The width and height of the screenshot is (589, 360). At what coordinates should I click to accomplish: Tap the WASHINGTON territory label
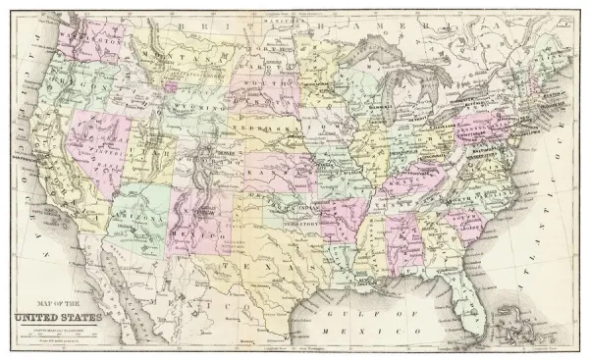point(83,42)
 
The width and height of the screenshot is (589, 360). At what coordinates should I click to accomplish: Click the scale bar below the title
point(55,334)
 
